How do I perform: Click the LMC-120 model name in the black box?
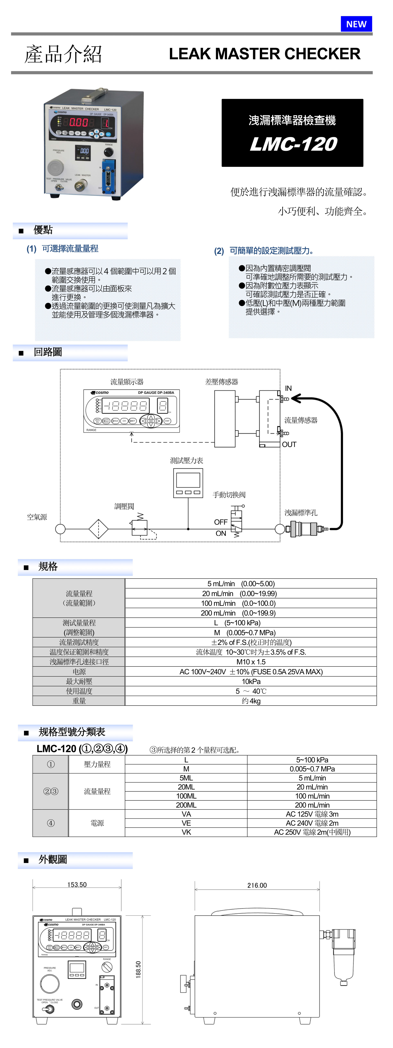(x=293, y=144)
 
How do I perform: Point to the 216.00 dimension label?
(x=257, y=885)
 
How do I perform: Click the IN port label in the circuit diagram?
(x=288, y=388)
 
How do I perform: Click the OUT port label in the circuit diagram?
(x=289, y=444)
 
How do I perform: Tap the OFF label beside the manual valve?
(x=221, y=522)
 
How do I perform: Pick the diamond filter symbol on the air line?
(x=98, y=529)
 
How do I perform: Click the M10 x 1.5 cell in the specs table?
(x=251, y=662)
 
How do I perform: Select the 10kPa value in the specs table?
(x=251, y=681)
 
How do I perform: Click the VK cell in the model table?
(x=186, y=832)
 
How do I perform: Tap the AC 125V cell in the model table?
(x=312, y=814)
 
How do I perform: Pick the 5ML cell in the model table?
(x=186, y=778)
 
